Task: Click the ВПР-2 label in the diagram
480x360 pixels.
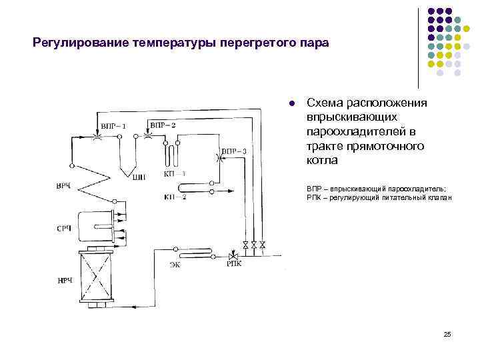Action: pos(163,125)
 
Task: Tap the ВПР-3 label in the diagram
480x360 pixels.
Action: pos(234,151)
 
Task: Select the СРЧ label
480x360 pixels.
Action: pos(64,229)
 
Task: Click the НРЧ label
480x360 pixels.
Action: pos(64,281)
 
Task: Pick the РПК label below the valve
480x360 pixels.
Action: pos(234,265)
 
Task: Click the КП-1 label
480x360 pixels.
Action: pos(175,173)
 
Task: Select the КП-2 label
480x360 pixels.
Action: pos(175,197)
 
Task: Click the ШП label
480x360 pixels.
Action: pos(139,177)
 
